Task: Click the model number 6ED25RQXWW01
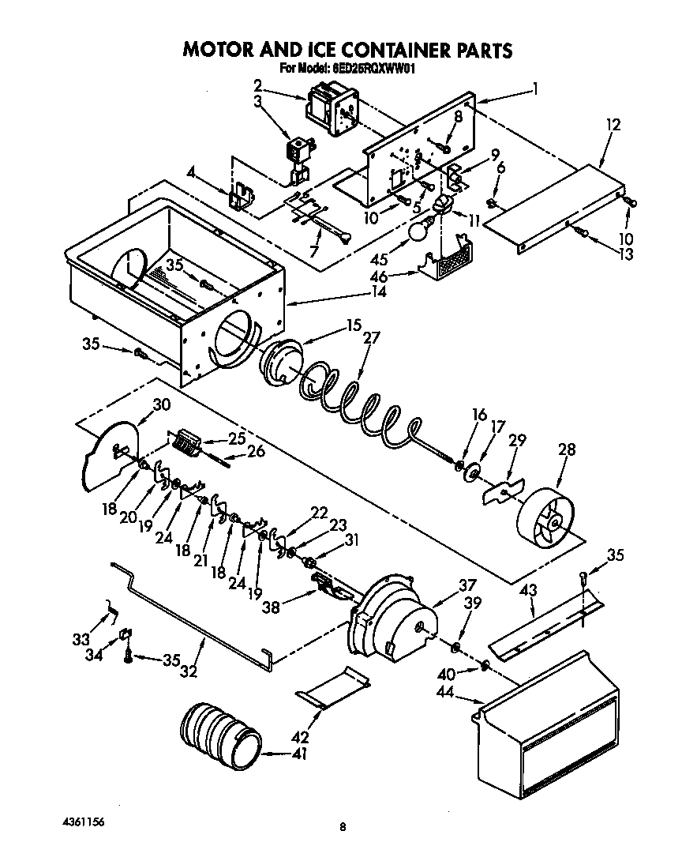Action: (373, 69)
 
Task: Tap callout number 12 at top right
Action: (613, 125)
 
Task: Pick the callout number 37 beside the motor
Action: (468, 585)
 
